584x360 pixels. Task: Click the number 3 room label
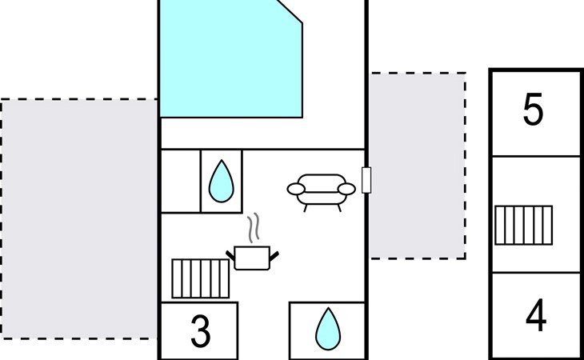(200, 330)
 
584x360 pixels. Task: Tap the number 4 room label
(536, 315)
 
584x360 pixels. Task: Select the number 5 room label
(533, 109)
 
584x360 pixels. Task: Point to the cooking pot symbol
(252, 258)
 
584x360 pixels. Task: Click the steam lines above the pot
(254, 227)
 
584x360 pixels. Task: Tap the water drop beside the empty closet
(222, 182)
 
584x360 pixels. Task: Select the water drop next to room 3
(328, 329)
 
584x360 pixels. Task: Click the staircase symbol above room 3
(200, 278)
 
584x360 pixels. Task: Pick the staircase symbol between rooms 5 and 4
(523, 226)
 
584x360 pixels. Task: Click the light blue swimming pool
(231, 59)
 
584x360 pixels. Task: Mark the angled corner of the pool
(290, 11)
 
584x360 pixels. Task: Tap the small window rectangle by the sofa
(366, 180)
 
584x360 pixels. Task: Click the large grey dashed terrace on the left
(78, 219)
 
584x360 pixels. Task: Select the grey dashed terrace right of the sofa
(418, 166)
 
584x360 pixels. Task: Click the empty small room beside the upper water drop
(181, 182)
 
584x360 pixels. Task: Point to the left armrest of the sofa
(296, 189)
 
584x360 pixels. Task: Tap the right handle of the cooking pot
(274, 256)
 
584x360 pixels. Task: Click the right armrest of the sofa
(346, 189)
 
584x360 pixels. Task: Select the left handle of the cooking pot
(230, 255)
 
